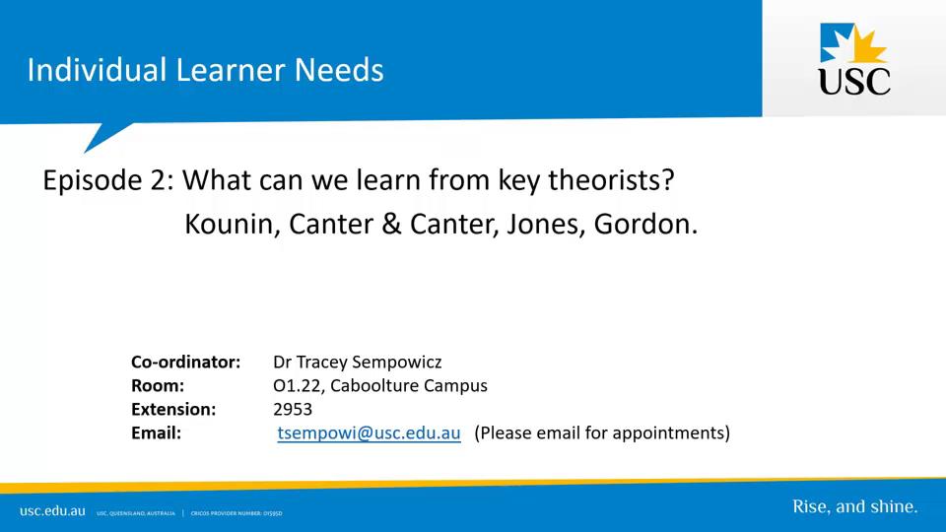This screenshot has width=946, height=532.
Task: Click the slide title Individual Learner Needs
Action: click(x=205, y=70)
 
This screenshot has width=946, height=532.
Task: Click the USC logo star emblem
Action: click(x=854, y=43)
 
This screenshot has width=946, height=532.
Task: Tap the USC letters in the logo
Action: click(x=854, y=81)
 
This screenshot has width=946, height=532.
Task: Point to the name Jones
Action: click(x=546, y=224)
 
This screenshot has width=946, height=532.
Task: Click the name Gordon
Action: click(x=645, y=224)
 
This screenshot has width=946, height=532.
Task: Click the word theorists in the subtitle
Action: click(x=619, y=181)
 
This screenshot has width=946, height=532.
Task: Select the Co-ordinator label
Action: click(x=185, y=362)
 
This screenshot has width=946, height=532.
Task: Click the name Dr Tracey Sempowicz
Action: click(x=357, y=362)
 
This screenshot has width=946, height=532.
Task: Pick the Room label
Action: click(x=157, y=385)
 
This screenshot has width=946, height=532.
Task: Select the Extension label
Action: click(x=172, y=409)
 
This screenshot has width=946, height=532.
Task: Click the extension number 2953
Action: click(x=293, y=409)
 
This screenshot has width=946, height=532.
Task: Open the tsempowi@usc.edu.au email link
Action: click(x=369, y=432)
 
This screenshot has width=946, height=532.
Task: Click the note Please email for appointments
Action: click(x=602, y=432)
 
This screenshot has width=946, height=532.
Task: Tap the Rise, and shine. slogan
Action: click(x=854, y=507)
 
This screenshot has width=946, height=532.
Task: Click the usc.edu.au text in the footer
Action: click(x=52, y=510)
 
